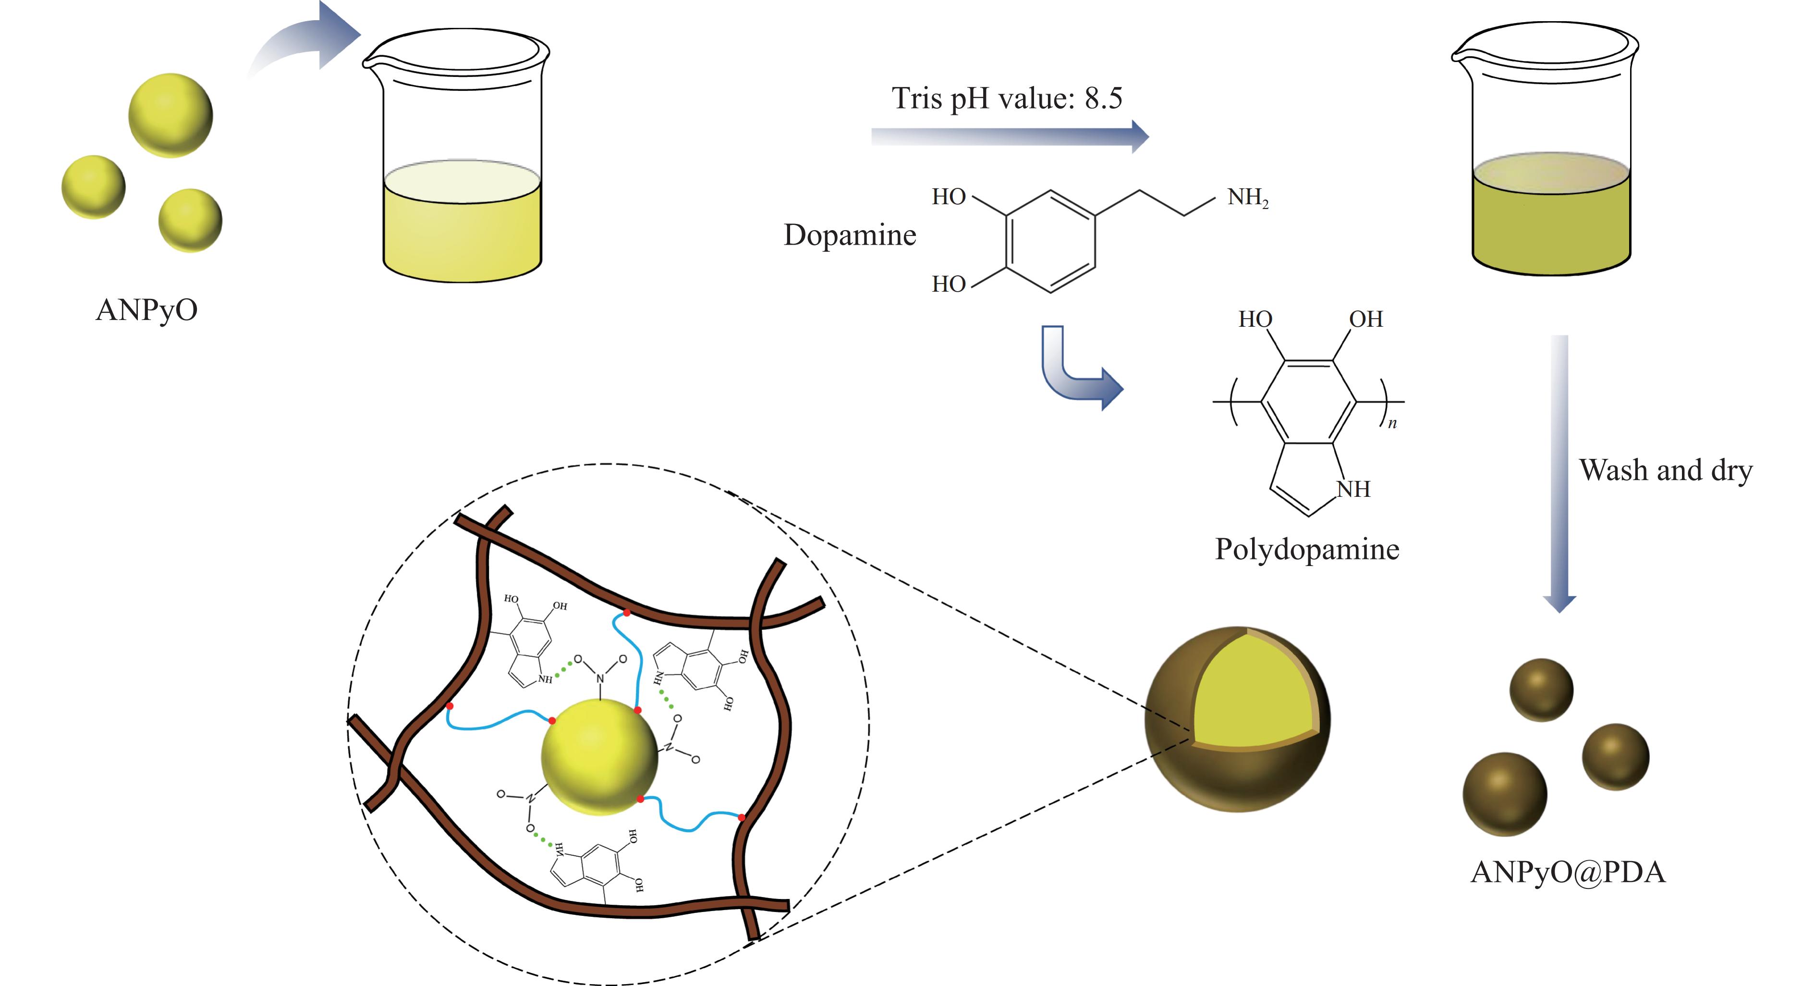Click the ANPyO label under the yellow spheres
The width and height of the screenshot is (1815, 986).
coord(146,310)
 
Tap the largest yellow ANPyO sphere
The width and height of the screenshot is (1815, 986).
coord(171,115)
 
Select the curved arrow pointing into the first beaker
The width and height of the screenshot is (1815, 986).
coord(310,42)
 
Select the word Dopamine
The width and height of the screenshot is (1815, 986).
coord(850,234)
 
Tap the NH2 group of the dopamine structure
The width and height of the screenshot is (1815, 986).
coord(1247,197)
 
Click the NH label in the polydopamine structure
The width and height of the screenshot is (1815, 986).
coord(1353,488)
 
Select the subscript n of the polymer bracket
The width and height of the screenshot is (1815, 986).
coord(1392,424)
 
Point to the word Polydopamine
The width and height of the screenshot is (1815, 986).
coord(1307,549)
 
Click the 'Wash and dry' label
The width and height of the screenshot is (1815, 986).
coord(1666,470)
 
